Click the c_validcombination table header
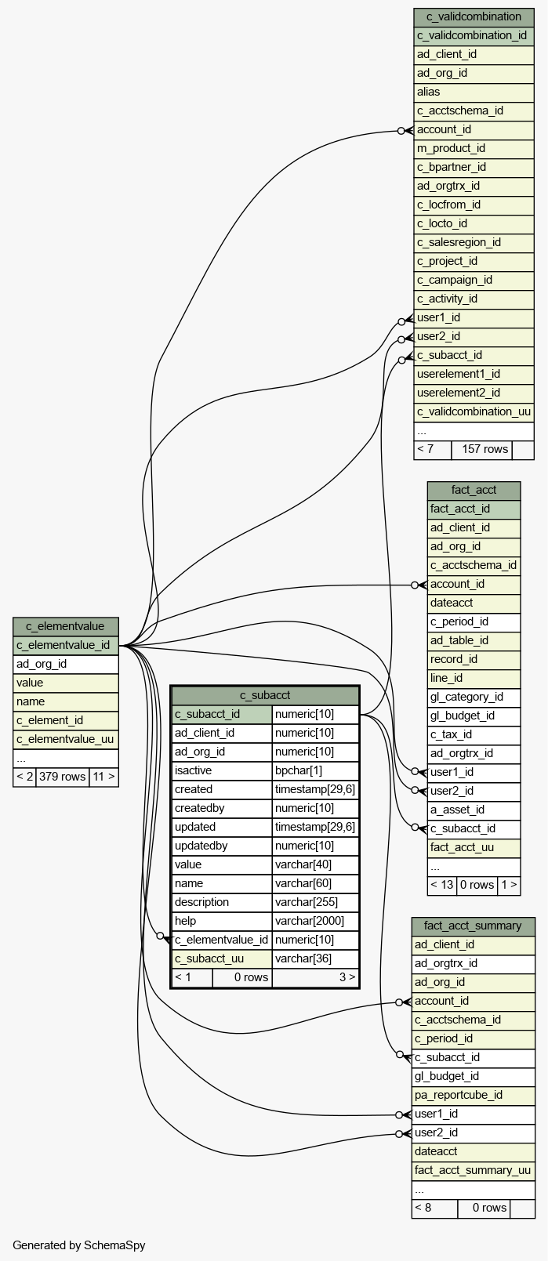click(x=474, y=17)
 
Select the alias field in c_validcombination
click(x=429, y=92)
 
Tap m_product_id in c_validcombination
click(x=451, y=148)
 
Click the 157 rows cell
click(x=485, y=449)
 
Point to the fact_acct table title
click(x=474, y=491)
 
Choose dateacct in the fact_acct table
click(x=452, y=603)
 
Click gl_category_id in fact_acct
click(x=467, y=697)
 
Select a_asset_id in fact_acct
click(x=457, y=810)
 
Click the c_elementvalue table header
click(x=65, y=626)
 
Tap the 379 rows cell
click(x=63, y=777)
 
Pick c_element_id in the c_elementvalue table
click(x=49, y=720)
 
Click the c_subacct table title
click(x=265, y=695)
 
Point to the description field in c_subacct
click(x=201, y=902)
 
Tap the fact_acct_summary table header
click(x=473, y=926)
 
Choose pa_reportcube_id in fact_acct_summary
click(x=459, y=1095)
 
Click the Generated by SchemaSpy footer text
click(x=79, y=1245)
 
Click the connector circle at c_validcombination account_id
click(x=401, y=131)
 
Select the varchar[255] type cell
click(x=307, y=902)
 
